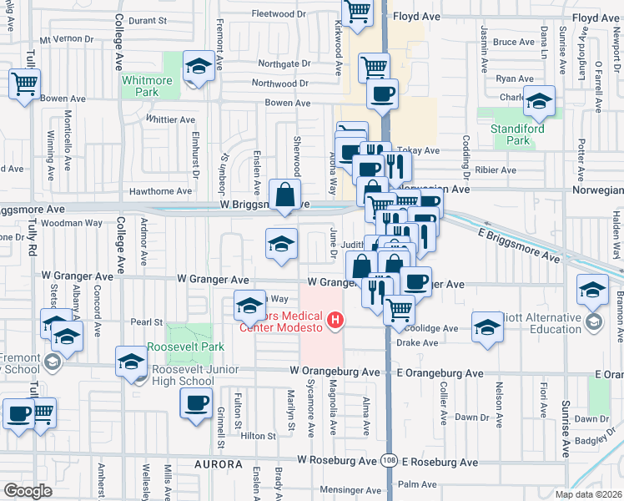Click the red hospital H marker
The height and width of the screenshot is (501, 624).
pyautogui.click(x=335, y=320)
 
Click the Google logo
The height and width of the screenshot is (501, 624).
pyautogui.click(x=28, y=491)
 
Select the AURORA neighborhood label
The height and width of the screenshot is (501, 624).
pyautogui.click(x=218, y=463)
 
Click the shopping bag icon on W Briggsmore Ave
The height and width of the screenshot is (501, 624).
pyautogui.click(x=285, y=195)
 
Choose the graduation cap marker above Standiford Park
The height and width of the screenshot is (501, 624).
pyautogui.click(x=539, y=102)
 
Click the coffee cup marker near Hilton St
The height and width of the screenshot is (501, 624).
pyautogui.click(x=197, y=403)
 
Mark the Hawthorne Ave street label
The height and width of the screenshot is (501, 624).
pyautogui.click(x=162, y=191)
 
